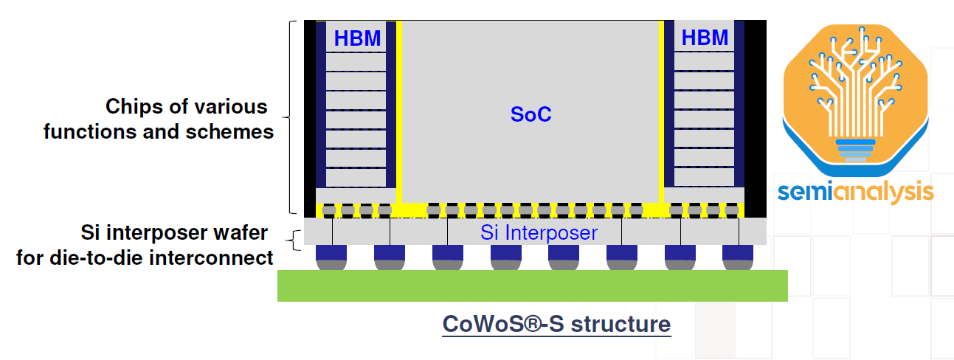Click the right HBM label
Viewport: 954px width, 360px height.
pos(705,38)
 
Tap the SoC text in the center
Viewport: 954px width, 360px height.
pos(531,115)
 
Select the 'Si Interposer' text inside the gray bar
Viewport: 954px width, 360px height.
pos(539,233)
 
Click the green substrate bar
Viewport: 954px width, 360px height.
pos(532,285)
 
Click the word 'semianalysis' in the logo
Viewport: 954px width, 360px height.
pos(855,192)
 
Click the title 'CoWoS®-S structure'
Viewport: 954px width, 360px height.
pos(556,325)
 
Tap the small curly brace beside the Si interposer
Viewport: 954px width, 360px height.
pos(294,239)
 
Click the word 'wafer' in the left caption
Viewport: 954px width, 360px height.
pos(243,234)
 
